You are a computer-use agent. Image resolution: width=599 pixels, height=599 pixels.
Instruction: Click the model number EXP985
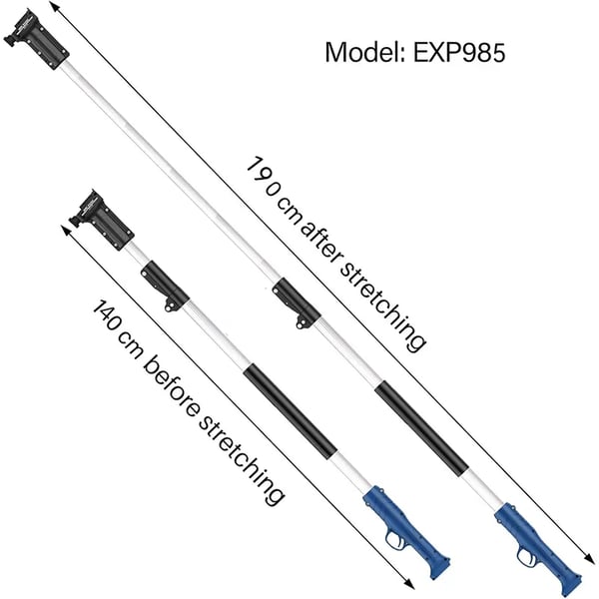[459, 52]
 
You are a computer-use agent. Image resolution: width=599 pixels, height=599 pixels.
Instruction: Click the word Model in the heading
[363, 52]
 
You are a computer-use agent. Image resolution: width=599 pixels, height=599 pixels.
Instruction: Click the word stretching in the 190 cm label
[382, 304]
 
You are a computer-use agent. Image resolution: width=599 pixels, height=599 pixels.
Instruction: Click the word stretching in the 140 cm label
[241, 461]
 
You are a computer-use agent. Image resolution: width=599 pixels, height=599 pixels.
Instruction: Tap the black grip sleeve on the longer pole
[421, 430]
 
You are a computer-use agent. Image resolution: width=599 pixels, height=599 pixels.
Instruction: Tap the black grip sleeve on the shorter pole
[291, 411]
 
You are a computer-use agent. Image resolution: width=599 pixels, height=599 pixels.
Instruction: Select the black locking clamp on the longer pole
[297, 302]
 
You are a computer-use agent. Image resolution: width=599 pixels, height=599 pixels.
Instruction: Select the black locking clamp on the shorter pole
[165, 286]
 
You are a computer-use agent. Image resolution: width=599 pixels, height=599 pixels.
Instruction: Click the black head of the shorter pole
[102, 220]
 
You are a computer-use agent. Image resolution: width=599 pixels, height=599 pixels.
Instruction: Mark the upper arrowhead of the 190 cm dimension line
[55, 7]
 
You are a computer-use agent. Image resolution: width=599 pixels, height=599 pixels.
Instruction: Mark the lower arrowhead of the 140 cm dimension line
[408, 583]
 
